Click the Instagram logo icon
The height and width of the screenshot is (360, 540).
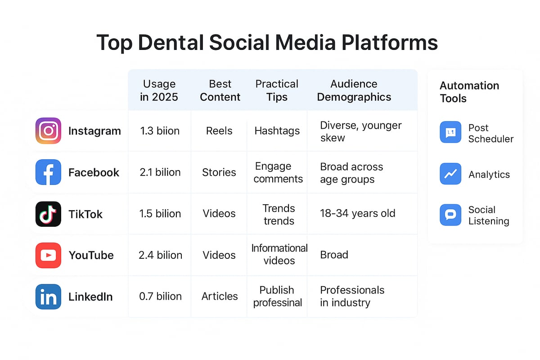coord(48,131)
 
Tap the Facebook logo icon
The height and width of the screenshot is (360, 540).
coord(48,172)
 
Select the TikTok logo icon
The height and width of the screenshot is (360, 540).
coord(48,214)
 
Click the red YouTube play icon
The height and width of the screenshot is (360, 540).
coord(48,255)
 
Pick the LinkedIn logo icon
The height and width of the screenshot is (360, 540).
coord(48,297)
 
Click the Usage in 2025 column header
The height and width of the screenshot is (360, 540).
coord(159,90)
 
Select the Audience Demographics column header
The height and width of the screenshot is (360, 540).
coord(354,90)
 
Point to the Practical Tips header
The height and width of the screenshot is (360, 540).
coord(277,90)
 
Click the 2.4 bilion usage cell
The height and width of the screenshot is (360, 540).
coord(160,255)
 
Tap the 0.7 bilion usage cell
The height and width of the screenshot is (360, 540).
coord(160,296)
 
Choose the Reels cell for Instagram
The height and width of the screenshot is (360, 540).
coord(219,131)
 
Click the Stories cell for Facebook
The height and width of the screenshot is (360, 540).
coord(219,172)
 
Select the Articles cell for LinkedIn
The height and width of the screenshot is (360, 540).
coord(220,296)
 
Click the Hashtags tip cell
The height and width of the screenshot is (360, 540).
coord(277,131)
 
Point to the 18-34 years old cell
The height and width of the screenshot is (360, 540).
coord(358,213)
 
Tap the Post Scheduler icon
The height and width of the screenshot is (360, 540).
coord(450,132)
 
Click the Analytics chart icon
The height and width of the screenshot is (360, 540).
coord(450,174)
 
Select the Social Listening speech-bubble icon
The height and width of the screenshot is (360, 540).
coord(450,215)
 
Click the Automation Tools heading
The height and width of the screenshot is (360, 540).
coord(469,92)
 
